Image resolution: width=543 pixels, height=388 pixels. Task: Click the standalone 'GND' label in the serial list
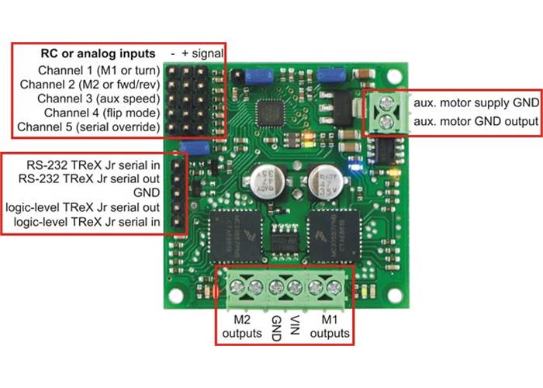tap(149, 192)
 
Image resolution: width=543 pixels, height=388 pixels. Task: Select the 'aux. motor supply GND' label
tap(475, 103)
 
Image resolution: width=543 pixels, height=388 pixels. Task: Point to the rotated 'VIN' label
tap(294, 324)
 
